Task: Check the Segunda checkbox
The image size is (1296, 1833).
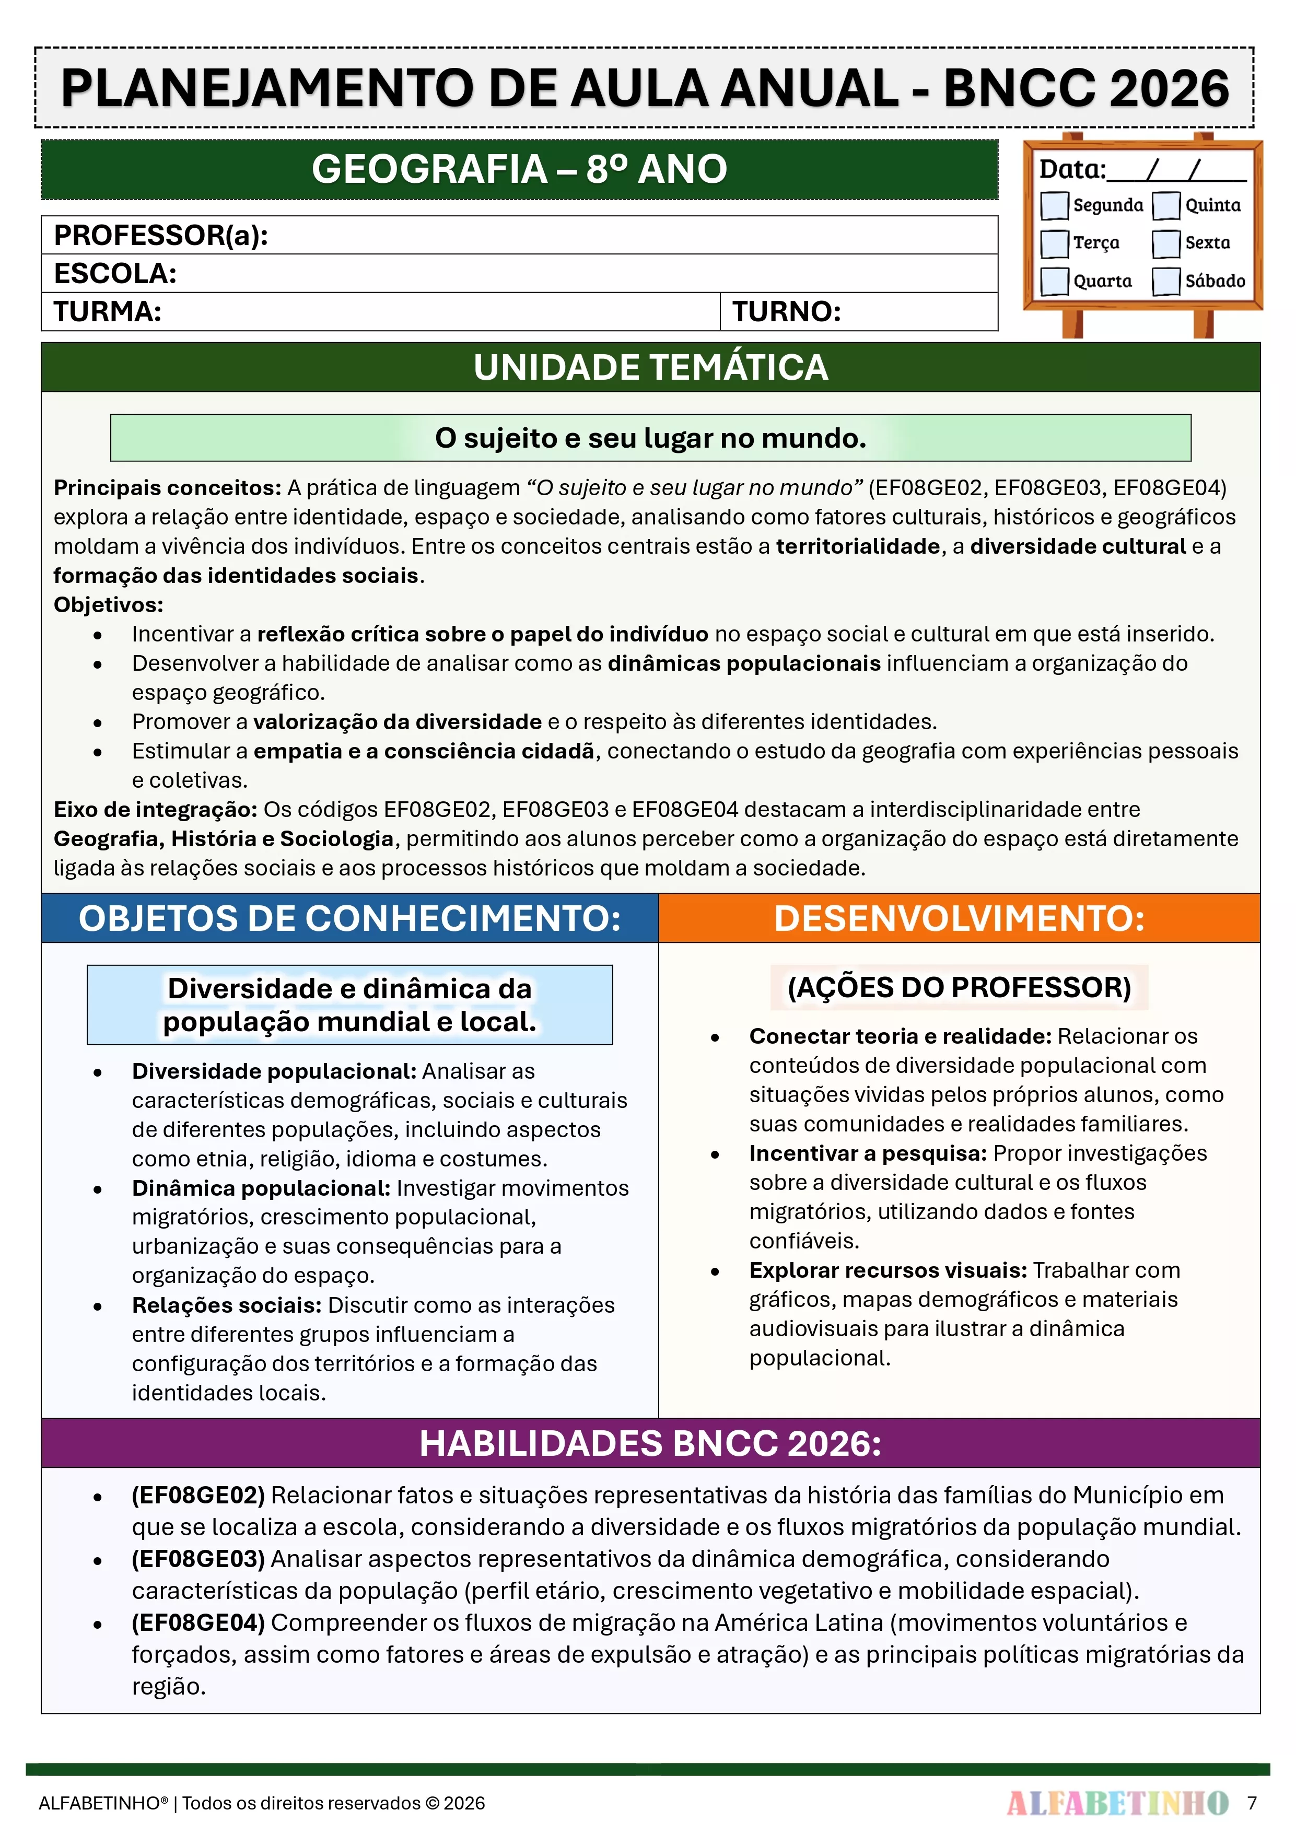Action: (x=1054, y=205)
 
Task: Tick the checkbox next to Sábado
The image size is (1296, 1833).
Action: (x=1166, y=281)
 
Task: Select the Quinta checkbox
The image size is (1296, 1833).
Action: (x=1166, y=205)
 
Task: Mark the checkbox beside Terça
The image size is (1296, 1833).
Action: (x=1054, y=243)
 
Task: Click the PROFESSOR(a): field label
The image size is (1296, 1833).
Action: (x=160, y=236)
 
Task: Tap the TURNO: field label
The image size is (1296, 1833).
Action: (x=787, y=311)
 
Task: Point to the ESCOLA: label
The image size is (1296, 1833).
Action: (x=115, y=274)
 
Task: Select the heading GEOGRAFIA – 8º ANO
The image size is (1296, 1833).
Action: (x=519, y=169)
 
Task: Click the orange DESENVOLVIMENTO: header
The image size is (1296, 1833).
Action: (x=959, y=918)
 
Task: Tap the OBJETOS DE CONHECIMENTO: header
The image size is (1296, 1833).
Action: (x=350, y=918)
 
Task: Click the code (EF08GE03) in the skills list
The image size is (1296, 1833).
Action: (x=198, y=1559)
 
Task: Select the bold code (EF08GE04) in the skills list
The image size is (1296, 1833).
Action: (x=198, y=1623)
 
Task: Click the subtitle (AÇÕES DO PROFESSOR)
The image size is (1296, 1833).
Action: (x=959, y=988)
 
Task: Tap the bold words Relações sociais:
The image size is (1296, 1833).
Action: (x=227, y=1305)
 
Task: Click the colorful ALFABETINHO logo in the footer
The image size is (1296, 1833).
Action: (x=1117, y=1803)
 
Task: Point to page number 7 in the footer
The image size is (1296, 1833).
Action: (x=1252, y=1803)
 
